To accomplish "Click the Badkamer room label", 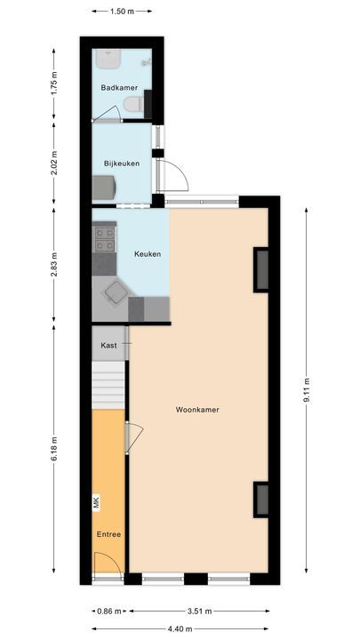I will pyautogui.click(x=119, y=87).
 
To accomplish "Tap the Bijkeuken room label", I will pyautogui.click(x=122, y=163).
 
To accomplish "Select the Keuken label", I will pyautogui.click(x=147, y=254).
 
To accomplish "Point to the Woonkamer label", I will pyautogui.click(x=197, y=410).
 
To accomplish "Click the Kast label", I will pyautogui.click(x=109, y=344).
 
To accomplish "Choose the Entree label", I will pyautogui.click(x=109, y=533).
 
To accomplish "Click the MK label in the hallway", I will pyautogui.click(x=97, y=504).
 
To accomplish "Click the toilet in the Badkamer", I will pyautogui.click(x=134, y=105).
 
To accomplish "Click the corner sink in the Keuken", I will pyautogui.click(x=115, y=292).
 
